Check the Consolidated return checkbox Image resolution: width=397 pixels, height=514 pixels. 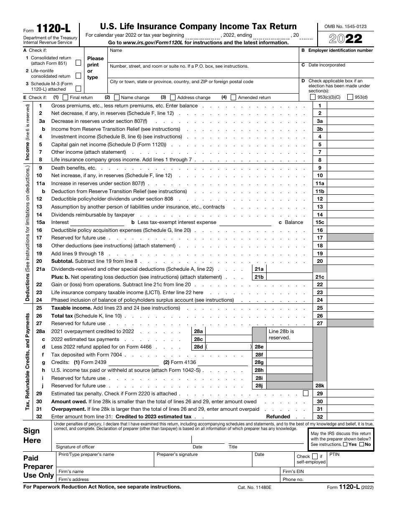pos(78,63)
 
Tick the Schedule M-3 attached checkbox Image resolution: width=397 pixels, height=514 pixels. pos(78,89)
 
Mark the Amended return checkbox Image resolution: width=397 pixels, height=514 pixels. pos(234,97)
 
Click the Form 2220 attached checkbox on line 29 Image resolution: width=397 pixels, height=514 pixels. pos(305,393)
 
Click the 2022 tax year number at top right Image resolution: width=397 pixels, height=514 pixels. pos(345,39)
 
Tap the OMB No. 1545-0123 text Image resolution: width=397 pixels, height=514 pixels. pos(345,26)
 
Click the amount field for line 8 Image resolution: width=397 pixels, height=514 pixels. pos(350,160)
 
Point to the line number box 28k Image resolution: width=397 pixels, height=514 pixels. pos(320,386)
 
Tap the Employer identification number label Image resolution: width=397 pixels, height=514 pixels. pos(340,51)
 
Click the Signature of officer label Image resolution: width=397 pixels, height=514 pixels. pos(75,447)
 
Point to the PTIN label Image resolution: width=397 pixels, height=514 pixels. pos(335,454)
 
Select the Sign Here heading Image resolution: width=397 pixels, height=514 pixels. pos(32,435)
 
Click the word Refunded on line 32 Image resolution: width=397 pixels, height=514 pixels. pos(278,417)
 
